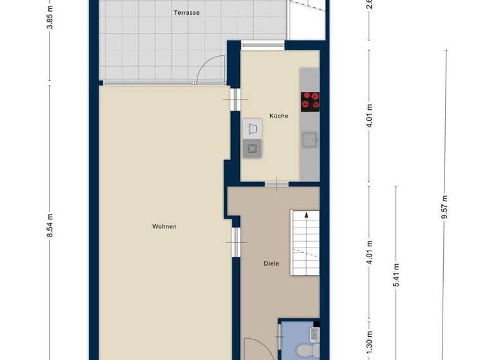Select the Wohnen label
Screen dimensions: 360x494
(164, 226)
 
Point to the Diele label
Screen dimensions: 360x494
(271, 263)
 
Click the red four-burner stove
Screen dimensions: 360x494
(310, 100)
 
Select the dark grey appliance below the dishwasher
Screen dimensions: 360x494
(252, 148)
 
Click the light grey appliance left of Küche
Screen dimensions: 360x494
(252, 127)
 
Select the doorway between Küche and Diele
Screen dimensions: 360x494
(276, 184)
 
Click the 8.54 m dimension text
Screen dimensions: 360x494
(50, 226)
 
